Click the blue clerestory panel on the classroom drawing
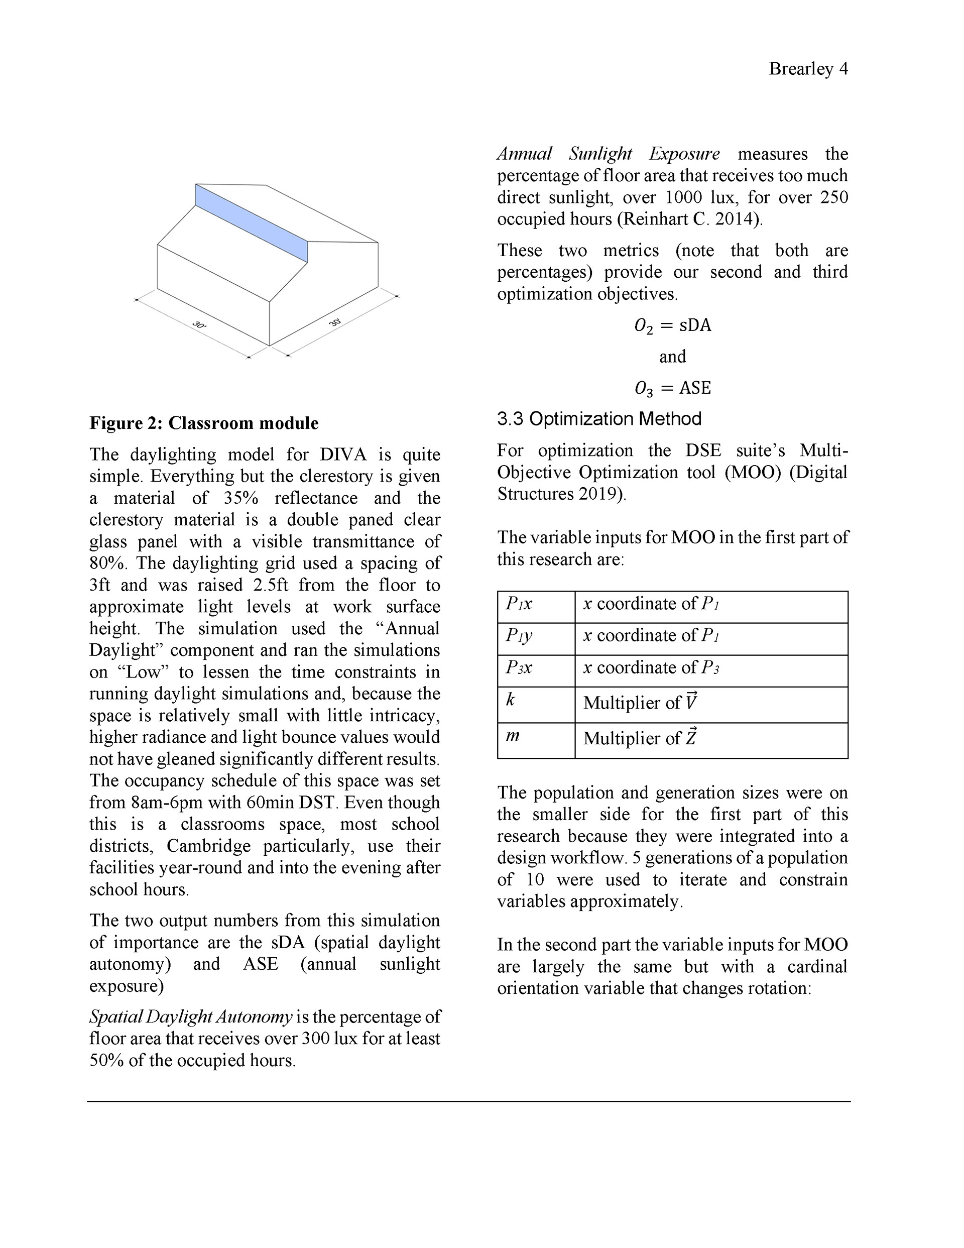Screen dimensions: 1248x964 pos(252,223)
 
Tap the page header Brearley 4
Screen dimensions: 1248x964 pos(808,69)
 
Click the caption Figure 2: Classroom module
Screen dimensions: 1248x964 pos(204,423)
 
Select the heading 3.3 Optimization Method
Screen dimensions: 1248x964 pos(599,419)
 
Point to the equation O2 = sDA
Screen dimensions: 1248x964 pos(673,326)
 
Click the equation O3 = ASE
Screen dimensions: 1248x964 pos(673,389)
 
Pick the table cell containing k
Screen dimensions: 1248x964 pos(535,704)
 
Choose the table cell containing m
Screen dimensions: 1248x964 pos(535,740)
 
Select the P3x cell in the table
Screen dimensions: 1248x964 pos(535,670)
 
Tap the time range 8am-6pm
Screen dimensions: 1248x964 pos(167,803)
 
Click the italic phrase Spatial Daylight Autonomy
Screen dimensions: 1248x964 pos(191,1017)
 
